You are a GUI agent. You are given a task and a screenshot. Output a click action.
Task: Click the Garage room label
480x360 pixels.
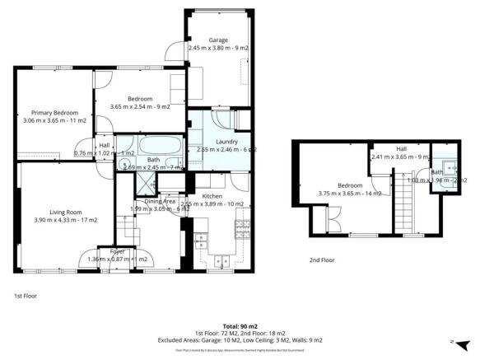click(x=217, y=40)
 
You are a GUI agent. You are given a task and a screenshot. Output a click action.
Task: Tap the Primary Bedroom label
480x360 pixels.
click(x=54, y=113)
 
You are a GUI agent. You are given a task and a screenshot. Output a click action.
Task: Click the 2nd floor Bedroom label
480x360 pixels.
click(x=349, y=185)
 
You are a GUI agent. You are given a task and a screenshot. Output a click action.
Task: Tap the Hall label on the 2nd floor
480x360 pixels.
click(x=401, y=149)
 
